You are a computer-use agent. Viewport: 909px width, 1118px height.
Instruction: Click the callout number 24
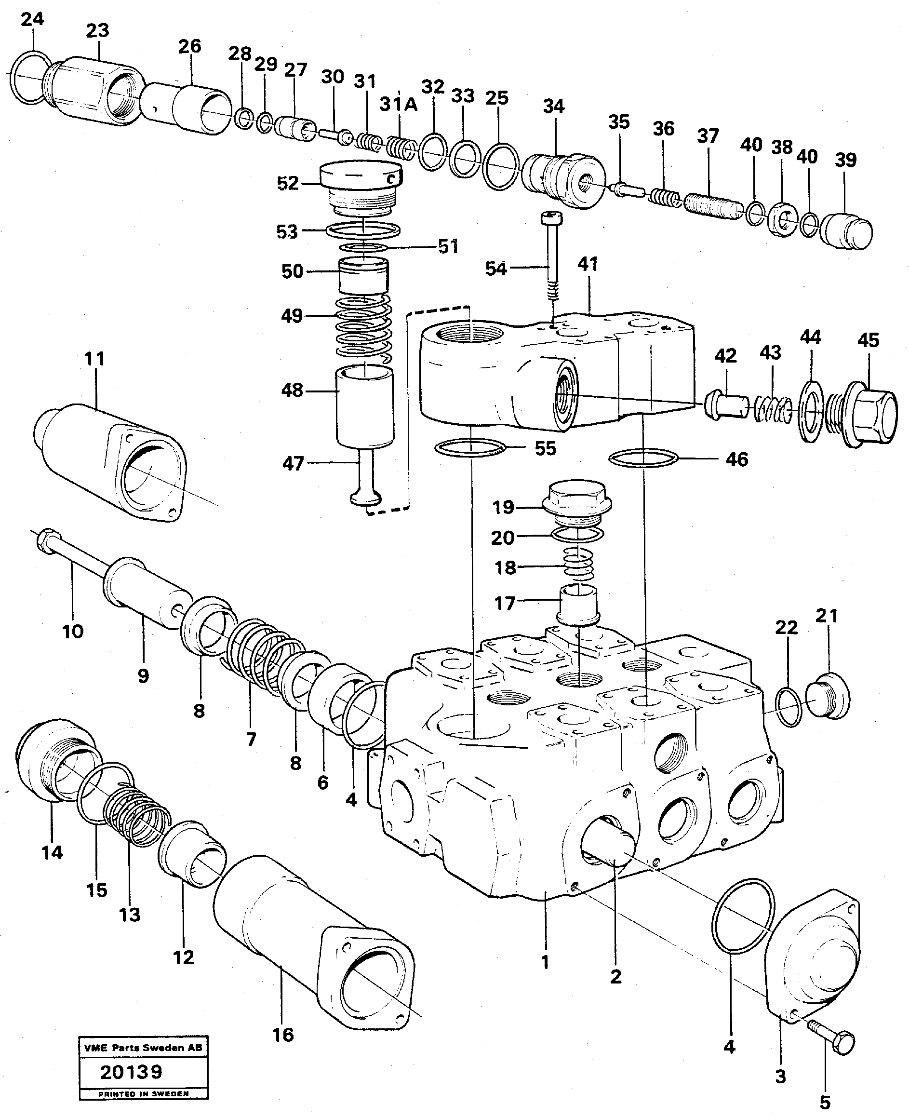[32, 20]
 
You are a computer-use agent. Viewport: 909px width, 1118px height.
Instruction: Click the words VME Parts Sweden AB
[143, 1047]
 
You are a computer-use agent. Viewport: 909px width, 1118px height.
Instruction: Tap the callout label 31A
[398, 105]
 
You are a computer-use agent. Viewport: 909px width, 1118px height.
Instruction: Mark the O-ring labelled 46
[643, 458]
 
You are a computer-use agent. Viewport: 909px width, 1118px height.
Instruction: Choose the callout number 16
[283, 1034]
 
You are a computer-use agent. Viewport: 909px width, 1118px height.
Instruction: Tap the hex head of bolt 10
[44, 539]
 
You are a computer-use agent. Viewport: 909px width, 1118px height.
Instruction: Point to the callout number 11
[94, 359]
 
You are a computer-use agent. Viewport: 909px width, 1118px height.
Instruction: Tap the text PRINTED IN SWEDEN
[144, 1093]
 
